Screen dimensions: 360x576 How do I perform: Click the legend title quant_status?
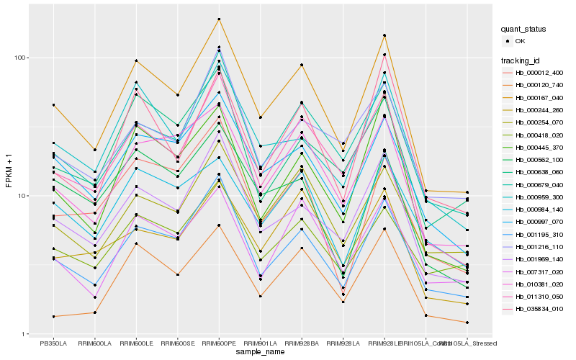coord(524,29)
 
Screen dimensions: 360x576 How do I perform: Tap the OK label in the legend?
coord(521,42)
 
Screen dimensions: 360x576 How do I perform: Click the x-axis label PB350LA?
coord(53,343)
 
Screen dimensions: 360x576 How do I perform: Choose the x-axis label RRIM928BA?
coord(302,343)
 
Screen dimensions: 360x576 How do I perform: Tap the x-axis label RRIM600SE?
coord(178,343)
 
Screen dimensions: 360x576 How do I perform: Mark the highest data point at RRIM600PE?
coord(219,19)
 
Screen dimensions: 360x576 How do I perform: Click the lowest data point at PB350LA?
coord(53,317)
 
